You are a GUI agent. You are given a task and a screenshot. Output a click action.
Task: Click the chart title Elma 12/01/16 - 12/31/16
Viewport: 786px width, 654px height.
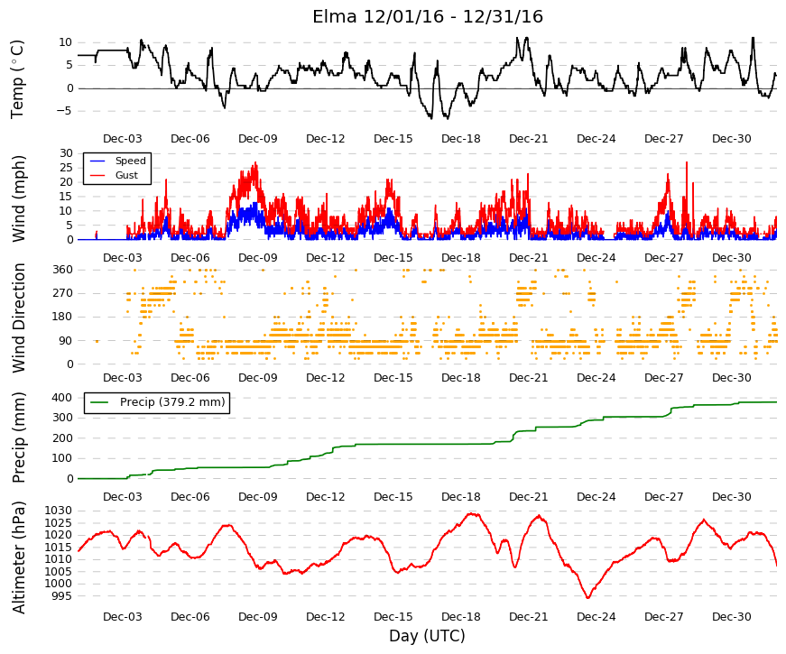[x=428, y=16]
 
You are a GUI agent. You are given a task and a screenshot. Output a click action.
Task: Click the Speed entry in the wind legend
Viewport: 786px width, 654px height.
[x=130, y=161]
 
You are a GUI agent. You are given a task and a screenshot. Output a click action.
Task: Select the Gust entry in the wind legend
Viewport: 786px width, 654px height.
[x=126, y=175]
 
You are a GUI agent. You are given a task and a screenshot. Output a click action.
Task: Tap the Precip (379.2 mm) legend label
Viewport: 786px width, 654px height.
[x=172, y=402]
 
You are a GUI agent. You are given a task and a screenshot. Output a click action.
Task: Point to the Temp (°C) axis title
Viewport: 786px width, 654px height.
[x=17, y=79]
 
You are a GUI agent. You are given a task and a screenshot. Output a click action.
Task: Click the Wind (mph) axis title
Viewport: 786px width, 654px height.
[x=19, y=199]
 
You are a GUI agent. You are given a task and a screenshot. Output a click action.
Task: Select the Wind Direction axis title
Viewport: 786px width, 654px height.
[x=19, y=318]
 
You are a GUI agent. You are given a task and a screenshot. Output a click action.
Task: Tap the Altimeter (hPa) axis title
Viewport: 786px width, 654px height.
[x=19, y=557]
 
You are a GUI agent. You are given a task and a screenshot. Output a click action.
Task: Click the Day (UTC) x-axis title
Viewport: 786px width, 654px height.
[x=427, y=636]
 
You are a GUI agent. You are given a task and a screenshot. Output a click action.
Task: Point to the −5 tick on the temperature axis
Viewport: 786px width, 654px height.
[x=65, y=111]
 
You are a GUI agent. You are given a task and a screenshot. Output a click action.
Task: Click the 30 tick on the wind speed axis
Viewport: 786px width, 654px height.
[x=67, y=153]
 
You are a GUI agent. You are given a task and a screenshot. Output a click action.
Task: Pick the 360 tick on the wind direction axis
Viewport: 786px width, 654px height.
[x=63, y=270]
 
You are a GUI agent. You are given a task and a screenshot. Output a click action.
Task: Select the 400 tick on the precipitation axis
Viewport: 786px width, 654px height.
[x=63, y=398]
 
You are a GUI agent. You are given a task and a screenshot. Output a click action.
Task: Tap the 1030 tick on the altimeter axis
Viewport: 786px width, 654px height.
[x=59, y=511]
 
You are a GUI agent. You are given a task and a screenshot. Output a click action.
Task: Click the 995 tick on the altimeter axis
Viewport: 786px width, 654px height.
[x=62, y=596]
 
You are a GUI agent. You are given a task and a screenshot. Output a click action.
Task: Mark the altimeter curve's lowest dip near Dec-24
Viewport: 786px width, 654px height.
[x=588, y=597]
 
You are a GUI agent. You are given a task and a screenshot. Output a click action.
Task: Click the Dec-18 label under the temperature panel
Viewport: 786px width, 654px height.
[x=460, y=139]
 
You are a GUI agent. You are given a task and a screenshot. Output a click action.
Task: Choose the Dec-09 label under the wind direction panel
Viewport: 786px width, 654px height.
[x=258, y=378]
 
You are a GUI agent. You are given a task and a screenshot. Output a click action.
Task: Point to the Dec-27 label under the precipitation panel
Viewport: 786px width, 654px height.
[x=663, y=497]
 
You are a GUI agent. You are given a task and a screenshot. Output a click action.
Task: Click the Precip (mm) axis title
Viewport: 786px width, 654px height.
[x=19, y=438]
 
